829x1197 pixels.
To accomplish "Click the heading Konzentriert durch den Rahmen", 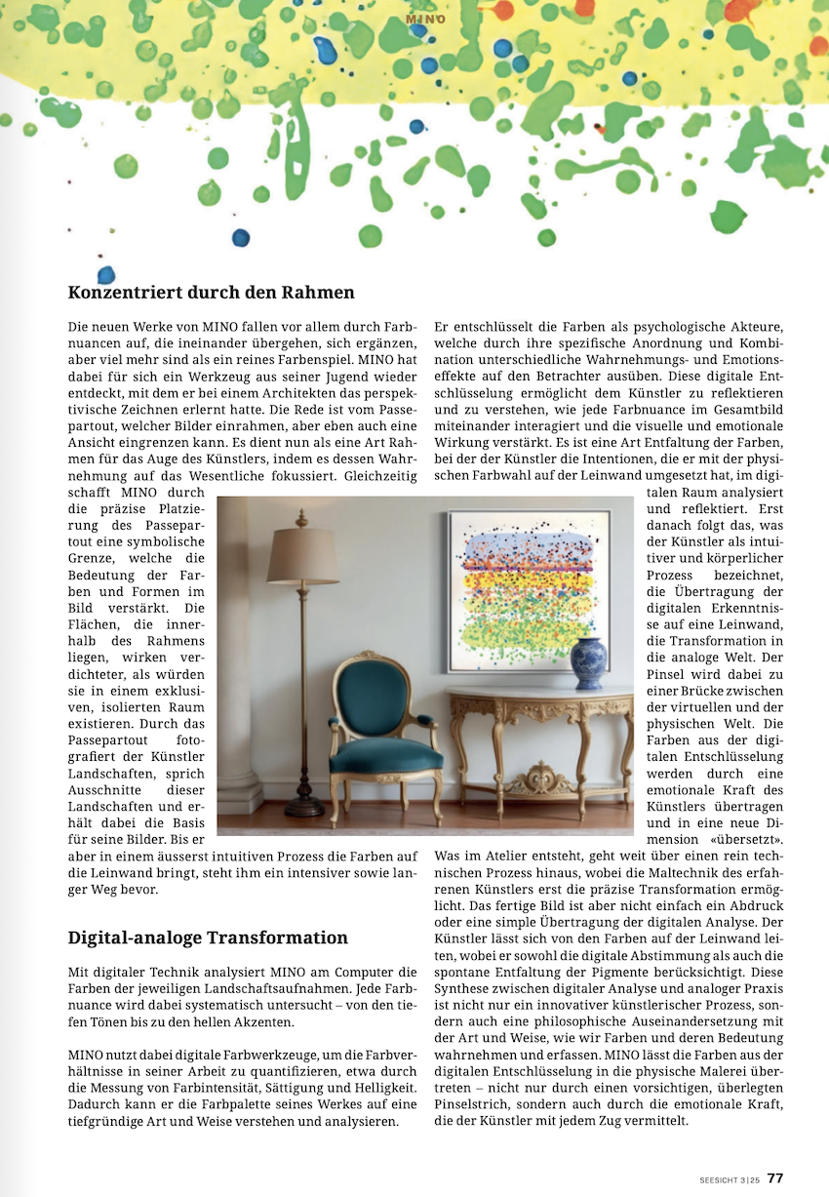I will (x=211, y=292).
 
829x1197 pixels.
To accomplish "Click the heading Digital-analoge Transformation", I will (x=208, y=938).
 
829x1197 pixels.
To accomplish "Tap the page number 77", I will (x=775, y=1177).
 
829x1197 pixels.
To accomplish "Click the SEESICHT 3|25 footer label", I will (x=730, y=1178).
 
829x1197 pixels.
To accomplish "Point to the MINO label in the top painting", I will (x=425, y=19).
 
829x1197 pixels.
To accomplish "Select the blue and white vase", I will (x=588, y=664).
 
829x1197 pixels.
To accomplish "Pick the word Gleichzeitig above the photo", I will (x=382, y=476).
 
